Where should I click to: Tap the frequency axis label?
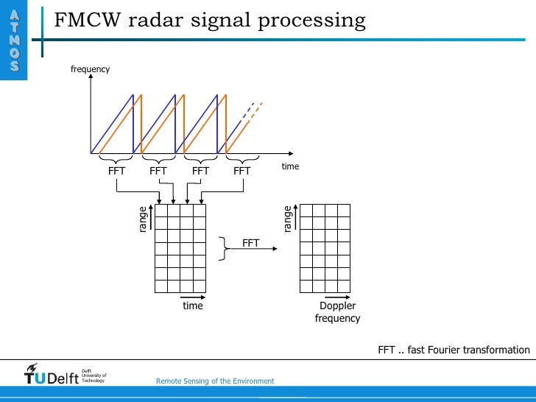90,69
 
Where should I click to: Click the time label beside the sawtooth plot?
290,166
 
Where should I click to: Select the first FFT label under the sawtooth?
116,171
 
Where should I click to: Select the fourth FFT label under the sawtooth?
242,171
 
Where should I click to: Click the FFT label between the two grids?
251,242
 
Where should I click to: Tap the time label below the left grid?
193,306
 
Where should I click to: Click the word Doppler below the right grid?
338,306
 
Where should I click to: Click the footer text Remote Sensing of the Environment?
215,381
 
